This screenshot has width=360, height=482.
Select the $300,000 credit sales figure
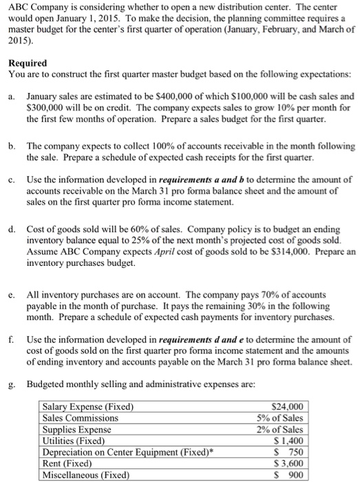pos(46,108)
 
